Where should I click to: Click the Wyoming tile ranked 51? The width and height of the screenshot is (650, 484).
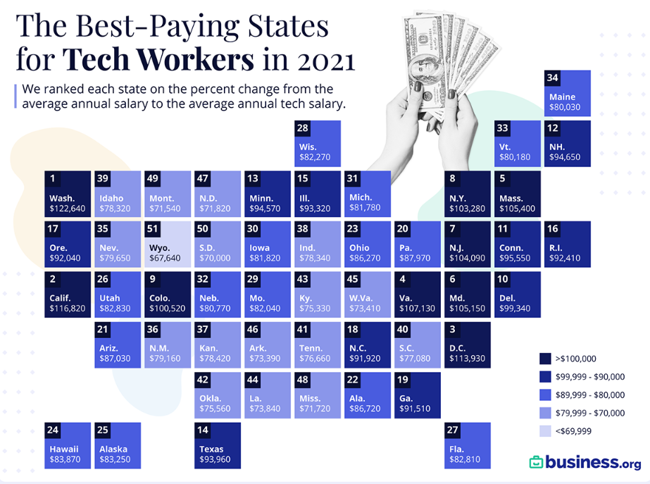click(168, 243)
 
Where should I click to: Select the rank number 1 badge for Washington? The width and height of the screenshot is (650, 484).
click(54, 178)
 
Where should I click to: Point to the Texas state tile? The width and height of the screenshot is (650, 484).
click(218, 445)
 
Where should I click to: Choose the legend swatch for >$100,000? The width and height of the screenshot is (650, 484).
click(545, 359)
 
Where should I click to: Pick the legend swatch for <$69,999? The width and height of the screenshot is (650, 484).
click(545, 431)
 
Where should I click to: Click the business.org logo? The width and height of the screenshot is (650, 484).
click(585, 462)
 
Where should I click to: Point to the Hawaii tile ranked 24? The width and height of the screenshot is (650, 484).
click(68, 445)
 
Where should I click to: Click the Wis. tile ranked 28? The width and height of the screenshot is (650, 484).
click(318, 143)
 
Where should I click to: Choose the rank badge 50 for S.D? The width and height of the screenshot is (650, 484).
click(204, 228)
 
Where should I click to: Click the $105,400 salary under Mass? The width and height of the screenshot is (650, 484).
click(518, 209)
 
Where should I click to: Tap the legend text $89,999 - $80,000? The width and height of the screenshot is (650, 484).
click(589, 395)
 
